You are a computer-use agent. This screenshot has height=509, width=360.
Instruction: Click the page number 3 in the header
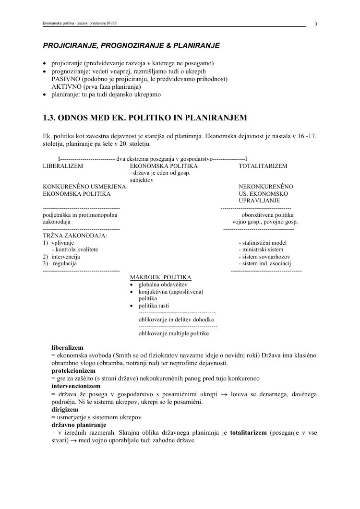point(316,24)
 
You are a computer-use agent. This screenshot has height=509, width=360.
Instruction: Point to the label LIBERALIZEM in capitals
point(63,166)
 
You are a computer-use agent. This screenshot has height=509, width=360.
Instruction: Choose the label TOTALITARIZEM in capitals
point(263,166)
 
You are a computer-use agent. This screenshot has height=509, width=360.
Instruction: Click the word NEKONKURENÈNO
point(266,187)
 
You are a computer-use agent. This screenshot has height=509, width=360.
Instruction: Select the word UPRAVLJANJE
point(259,201)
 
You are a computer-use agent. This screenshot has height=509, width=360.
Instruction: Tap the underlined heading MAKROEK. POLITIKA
point(160,277)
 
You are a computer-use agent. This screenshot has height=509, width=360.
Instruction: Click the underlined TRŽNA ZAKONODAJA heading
point(75,236)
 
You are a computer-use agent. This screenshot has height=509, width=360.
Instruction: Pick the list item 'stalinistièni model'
point(263,243)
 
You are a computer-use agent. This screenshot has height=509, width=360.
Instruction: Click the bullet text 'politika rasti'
point(154,306)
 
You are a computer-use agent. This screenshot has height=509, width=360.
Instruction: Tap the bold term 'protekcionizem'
point(73,371)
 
